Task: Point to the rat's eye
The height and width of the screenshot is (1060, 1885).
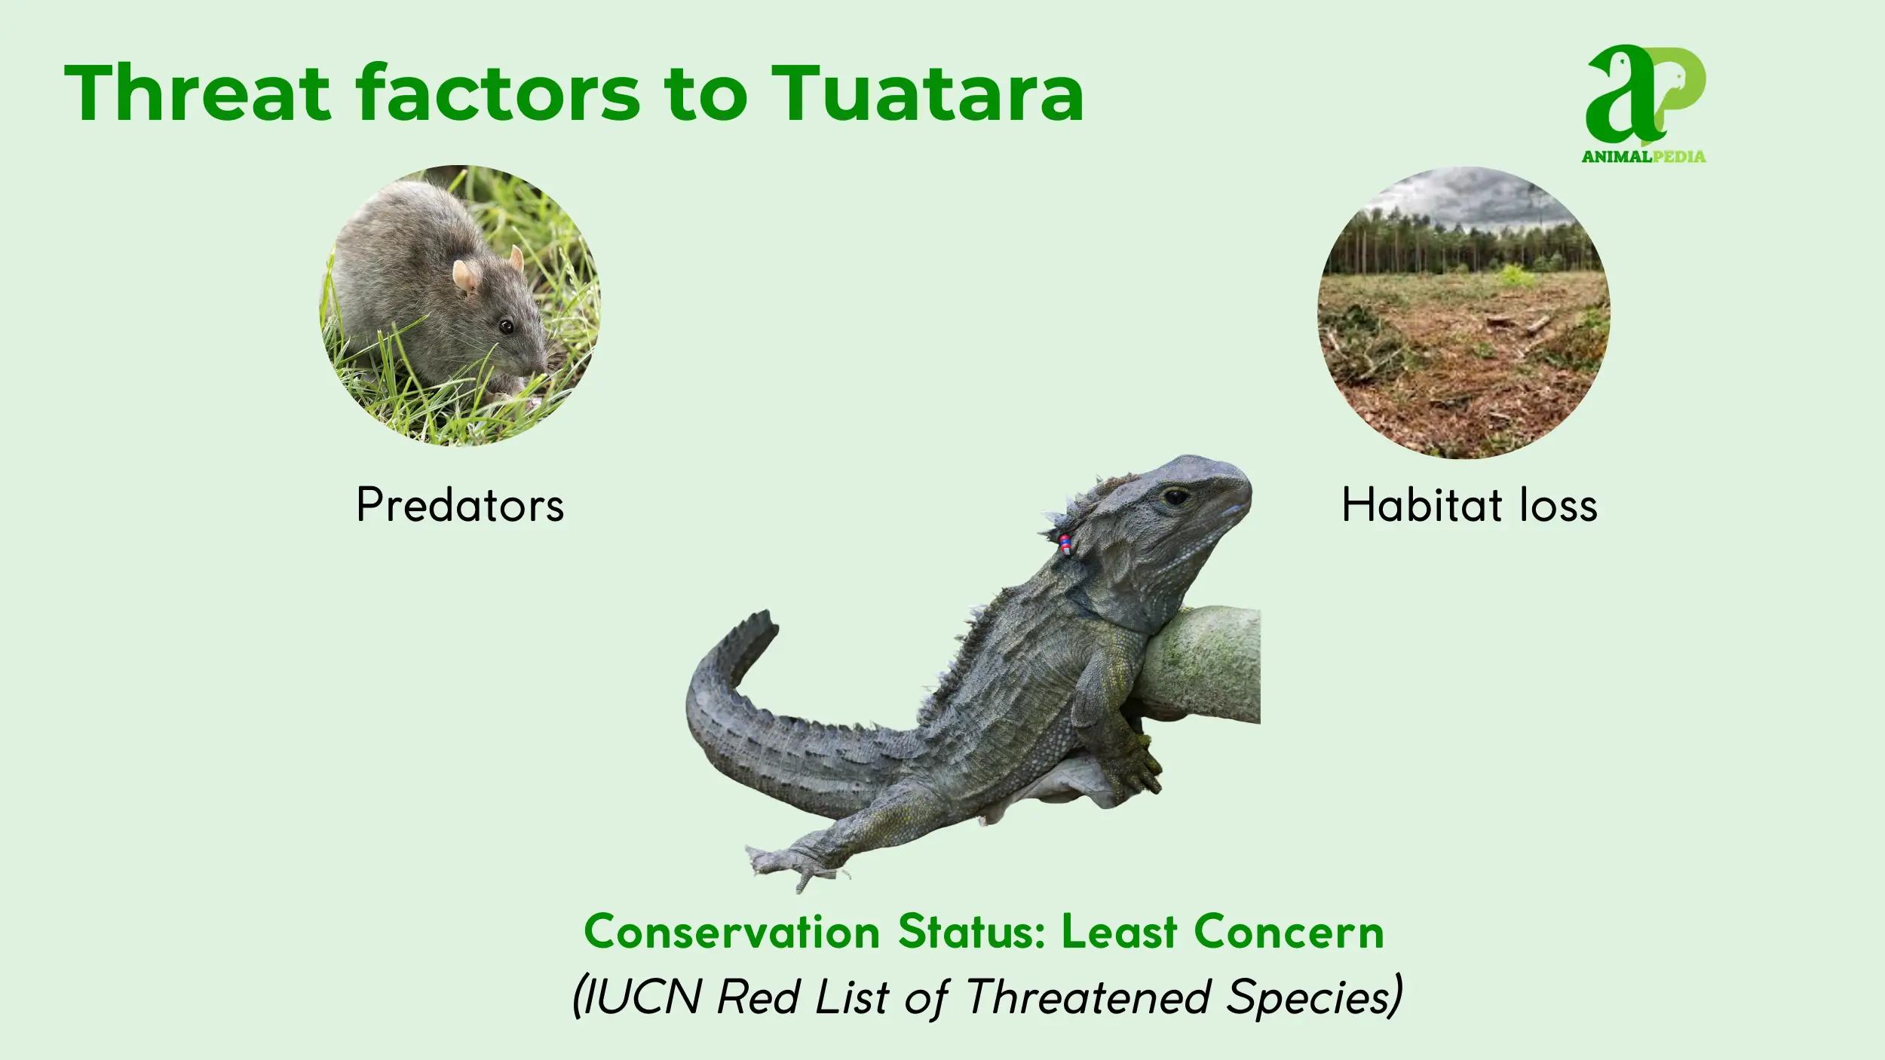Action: pos(506,326)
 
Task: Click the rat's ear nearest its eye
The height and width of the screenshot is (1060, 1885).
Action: pos(465,277)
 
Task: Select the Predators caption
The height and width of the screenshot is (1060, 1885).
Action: pos(460,504)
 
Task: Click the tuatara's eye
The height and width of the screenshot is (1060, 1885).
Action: pos(1175,497)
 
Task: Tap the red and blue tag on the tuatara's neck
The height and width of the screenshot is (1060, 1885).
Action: pos(1065,544)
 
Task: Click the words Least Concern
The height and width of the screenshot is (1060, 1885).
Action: pos(1222,932)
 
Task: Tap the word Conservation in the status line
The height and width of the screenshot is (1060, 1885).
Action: pos(731,932)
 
